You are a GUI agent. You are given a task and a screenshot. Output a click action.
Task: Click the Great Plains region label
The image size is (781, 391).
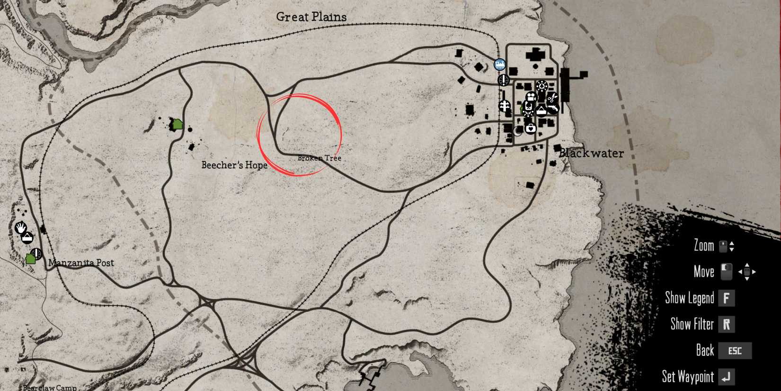point(311,17)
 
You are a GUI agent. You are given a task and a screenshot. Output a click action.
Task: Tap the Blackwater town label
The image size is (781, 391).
point(591,153)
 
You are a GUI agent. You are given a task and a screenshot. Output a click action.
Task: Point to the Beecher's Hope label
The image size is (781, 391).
point(234,165)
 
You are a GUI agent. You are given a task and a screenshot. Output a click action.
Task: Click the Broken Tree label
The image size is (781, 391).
point(319,158)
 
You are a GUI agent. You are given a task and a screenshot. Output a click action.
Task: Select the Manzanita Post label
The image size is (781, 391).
point(81,263)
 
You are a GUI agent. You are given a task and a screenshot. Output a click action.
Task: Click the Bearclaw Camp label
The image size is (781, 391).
point(50,388)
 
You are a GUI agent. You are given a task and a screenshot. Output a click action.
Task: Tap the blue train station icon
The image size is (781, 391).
point(499,64)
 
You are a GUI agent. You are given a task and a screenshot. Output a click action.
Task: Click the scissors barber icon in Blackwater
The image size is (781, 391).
point(551,99)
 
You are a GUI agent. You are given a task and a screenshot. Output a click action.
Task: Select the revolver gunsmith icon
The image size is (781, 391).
point(553,109)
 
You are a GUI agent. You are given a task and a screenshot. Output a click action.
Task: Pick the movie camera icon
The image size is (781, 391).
point(531,97)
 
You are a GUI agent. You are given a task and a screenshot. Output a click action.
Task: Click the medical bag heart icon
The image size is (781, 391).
point(531,128)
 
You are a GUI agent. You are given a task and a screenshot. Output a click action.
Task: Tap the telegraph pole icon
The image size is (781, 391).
point(505,106)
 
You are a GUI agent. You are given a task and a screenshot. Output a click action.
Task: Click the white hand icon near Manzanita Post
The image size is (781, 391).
point(20,228)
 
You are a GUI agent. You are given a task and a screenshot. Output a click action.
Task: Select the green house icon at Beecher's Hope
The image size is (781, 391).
point(177,124)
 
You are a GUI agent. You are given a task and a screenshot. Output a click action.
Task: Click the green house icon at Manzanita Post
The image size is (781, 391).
point(31,258)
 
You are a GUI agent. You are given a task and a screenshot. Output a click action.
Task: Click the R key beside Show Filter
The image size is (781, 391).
point(726,324)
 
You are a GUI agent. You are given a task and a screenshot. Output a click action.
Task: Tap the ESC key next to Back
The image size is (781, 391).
point(735,351)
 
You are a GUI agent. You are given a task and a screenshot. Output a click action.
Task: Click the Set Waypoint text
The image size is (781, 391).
point(687,377)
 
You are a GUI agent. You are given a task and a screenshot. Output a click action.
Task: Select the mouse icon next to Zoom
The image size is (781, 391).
point(723,246)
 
